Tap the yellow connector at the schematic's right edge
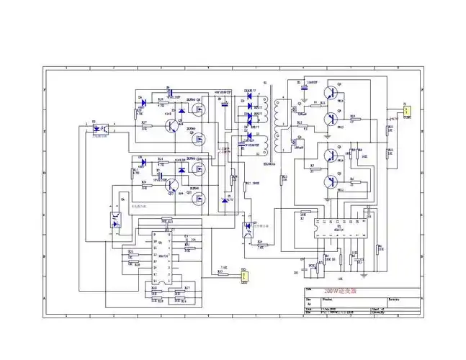pyautogui.click(x=406, y=112)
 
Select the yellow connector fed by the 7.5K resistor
pyautogui.click(x=244, y=276)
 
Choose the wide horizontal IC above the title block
pyautogui.click(x=332, y=225)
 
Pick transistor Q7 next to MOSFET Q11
pyautogui.click(x=170, y=186)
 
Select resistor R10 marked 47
pyautogui.click(x=353, y=120)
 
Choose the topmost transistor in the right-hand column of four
pyautogui.click(x=331, y=93)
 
